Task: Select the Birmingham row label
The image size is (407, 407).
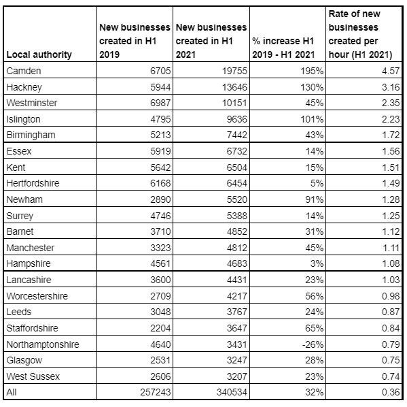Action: [31, 135]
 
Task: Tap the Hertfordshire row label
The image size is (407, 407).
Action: [34, 183]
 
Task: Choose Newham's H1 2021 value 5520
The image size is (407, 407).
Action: [234, 199]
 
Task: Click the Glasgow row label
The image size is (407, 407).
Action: [24, 360]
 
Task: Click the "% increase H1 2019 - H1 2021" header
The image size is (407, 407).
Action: [288, 48]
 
